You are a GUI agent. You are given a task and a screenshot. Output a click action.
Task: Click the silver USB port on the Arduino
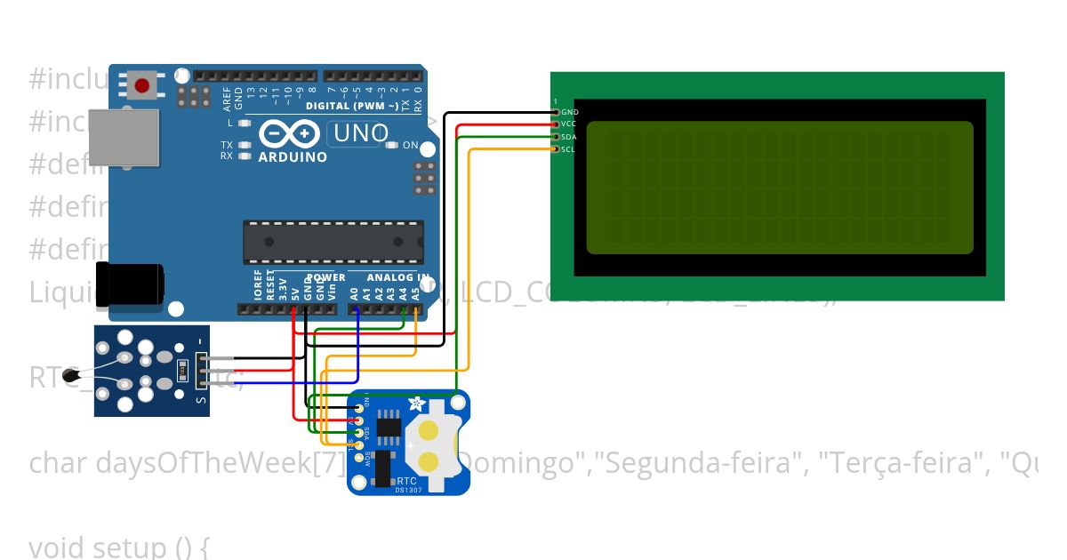coord(124,137)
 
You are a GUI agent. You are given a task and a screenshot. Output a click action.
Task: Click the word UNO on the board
coord(359,134)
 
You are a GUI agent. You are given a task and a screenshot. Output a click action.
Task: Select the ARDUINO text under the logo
coord(293,157)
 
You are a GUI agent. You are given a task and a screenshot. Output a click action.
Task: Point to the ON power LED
coord(392,145)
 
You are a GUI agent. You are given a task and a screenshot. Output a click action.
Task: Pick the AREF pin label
coord(227,95)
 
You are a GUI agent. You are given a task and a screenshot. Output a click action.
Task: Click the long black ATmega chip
coord(333,242)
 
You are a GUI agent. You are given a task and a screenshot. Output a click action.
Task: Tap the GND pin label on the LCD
coord(569,113)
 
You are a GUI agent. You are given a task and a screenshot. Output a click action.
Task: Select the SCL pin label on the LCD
coord(568,149)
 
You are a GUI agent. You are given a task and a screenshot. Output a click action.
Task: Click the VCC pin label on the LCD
coord(569,124)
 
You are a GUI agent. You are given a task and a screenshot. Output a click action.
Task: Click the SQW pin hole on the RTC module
coord(359,456)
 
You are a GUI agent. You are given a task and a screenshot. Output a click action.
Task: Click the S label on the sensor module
coord(201,399)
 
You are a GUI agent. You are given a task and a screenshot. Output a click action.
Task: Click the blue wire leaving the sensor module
coord(267,383)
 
